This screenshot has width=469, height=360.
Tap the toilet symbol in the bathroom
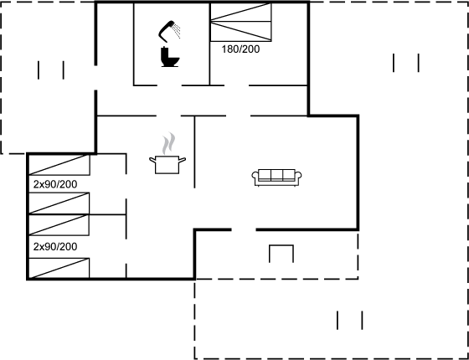click(x=169, y=57)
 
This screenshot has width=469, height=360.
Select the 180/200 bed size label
click(x=240, y=49)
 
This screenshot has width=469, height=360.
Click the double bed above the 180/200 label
click(x=241, y=22)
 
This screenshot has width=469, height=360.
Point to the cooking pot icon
click(x=167, y=165)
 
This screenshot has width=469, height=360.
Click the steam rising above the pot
click(x=168, y=143)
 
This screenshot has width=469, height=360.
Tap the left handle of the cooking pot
click(x=152, y=161)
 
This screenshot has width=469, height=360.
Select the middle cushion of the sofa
click(x=276, y=175)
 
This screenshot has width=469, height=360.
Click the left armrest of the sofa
click(x=255, y=177)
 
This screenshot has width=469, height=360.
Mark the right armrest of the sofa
click(x=298, y=177)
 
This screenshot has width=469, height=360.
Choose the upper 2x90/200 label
click(x=55, y=184)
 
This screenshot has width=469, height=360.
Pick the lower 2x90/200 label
click(x=55, y=247)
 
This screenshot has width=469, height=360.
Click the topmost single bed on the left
click(x=59, y=165)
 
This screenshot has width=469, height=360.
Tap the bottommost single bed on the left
click(x=59, y=268)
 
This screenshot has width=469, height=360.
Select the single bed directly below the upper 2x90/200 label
click(x=59, y=203)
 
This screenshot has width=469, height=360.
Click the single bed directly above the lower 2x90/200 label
click(x=59, y=225)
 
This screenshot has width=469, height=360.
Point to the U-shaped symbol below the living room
click(x=281, y=246)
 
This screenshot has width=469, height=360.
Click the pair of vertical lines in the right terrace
click(x=406, y=63)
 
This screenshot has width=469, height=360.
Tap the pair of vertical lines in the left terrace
click(x=51, y=70)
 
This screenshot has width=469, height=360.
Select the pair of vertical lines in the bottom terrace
click(x=350, y=320)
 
